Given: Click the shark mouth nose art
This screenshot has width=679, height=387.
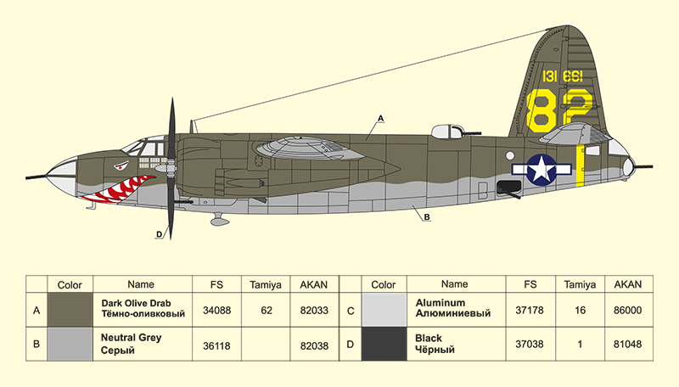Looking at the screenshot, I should click(119, 188).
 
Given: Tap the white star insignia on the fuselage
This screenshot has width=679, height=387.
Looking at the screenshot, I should click(540, 169).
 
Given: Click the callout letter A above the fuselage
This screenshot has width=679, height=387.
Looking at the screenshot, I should click(381, 117).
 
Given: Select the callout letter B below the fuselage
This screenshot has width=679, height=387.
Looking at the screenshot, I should click(426, 217).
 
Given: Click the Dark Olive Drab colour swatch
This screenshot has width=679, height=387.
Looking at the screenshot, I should click(70, 311).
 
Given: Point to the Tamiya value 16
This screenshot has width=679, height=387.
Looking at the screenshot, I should click(581, 311).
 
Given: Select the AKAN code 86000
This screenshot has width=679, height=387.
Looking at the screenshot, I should click(628, 311).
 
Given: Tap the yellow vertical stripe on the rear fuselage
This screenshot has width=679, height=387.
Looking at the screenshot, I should click(580, 165).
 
